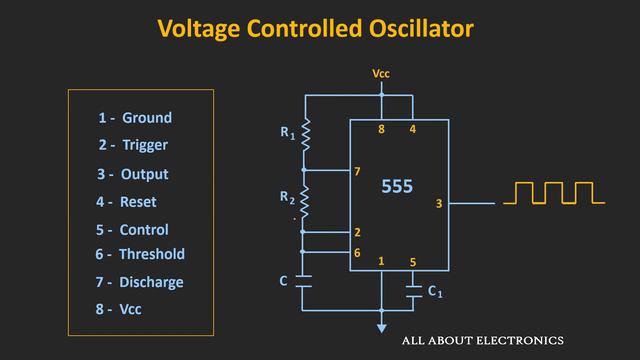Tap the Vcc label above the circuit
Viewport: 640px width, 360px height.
(381, 74)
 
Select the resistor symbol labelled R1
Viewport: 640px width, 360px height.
(306, 133)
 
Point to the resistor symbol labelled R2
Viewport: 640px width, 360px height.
(306, 204)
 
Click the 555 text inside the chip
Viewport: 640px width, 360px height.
(397, 187)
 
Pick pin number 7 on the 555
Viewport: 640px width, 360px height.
(357, 172)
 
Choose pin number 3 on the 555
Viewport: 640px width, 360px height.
(439, 204)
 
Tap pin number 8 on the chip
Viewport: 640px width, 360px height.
(381, 130)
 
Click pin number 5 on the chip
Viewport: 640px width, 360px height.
(412, 263)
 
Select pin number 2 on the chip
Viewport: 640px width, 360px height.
(357, 232)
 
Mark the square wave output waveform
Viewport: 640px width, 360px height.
(554, 193)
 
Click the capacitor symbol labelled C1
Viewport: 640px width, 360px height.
(413, 291)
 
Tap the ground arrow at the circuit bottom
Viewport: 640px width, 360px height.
(381, 326)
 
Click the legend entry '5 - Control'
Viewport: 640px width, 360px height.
(132, 229)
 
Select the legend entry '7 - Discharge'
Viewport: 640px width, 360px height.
(140, 282)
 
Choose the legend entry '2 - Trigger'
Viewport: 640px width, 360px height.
(133, 145)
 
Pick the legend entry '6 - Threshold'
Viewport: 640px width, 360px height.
(140, 255)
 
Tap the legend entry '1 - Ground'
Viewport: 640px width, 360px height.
(135, 118)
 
